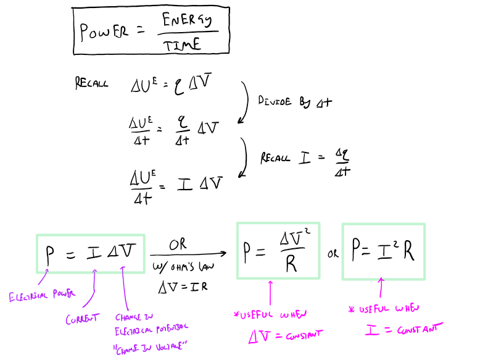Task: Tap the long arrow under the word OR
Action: (x=188, y=254)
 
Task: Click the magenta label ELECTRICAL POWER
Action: (x=42, y=296)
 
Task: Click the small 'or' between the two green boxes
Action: (x=333, y=254)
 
